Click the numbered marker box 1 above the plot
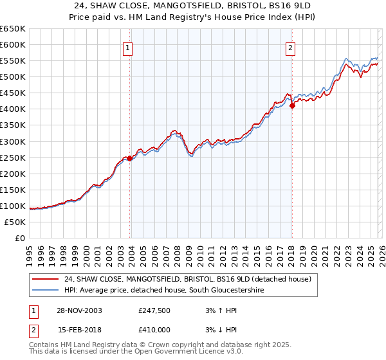[x=127, y=48]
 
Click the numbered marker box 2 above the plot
[x=291, y=48]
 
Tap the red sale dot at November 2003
[x=130, y=158]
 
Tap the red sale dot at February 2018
[x=292, y=106]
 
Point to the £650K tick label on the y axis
[x=13, y=29]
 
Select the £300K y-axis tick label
[x=13, y=141]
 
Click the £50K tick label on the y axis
[x=15, y=222]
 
